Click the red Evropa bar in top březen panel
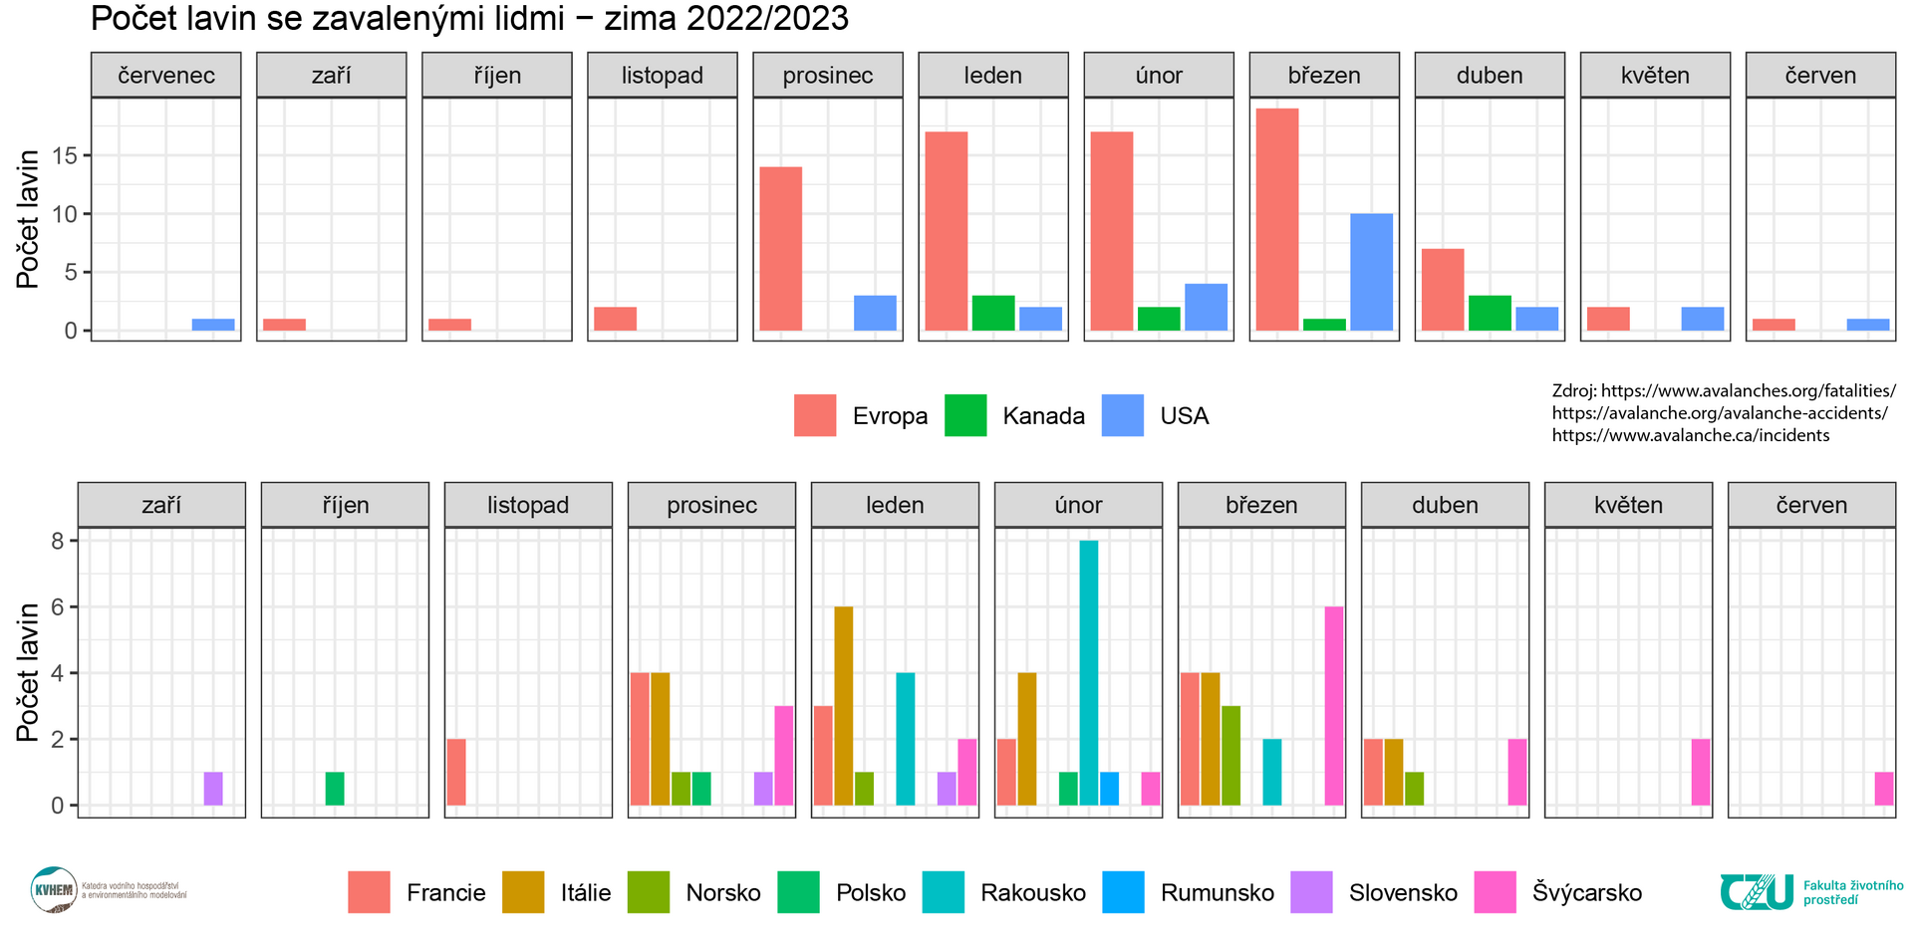coord(1276,219)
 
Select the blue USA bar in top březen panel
coord(1371,272)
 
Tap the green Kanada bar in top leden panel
coord(992,313)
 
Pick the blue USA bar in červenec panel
coord(213,325)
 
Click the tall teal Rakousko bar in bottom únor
coord(1088,672)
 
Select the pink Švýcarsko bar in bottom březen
coord(1334,705)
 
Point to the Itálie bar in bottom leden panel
coord(843,705)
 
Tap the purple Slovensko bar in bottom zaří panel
coord(213,788)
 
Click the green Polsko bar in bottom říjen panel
coord(335,788)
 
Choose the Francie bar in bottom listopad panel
coord(456,772)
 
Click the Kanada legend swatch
coord(964,415)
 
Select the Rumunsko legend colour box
coord(1123,892)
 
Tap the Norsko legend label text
coord(722,892)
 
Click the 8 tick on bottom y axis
coord(57,541)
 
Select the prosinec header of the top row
coord(827,76)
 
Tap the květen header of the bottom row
coord(1628,506)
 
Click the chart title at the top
coord(469,19)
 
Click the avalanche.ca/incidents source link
coord(1690,435)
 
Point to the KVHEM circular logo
coord(54,889)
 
